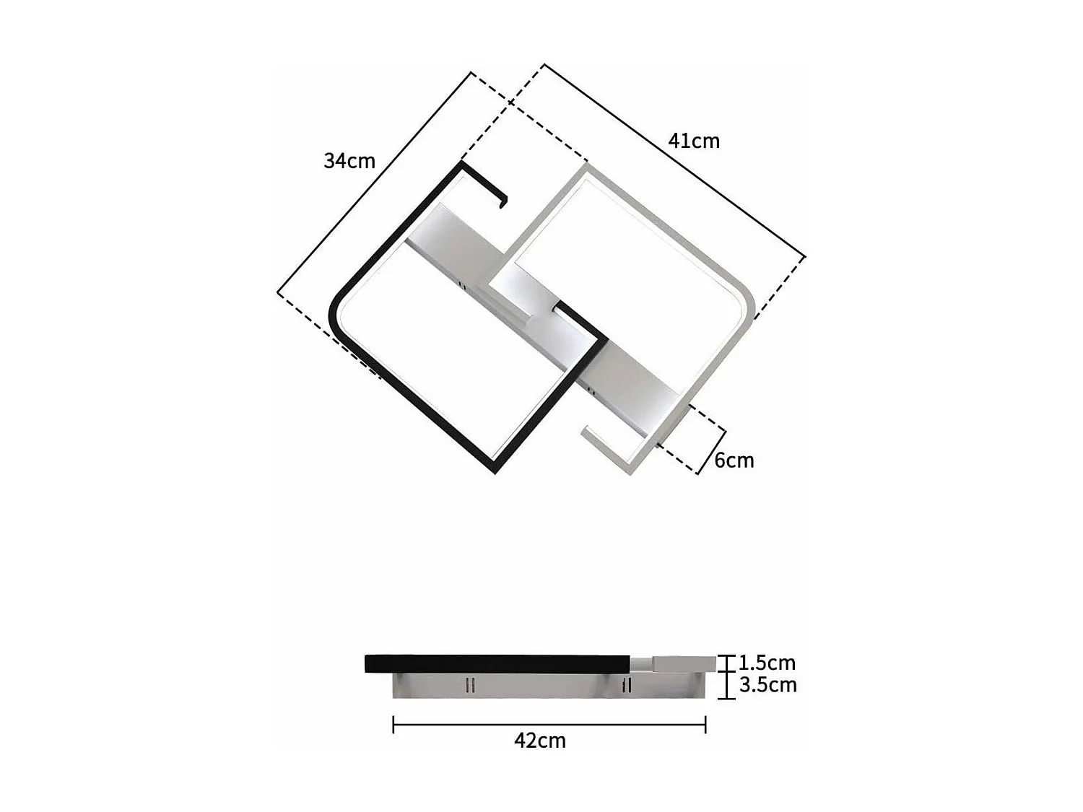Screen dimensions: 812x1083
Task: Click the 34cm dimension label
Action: click(349, 160)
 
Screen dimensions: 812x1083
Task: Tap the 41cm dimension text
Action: click(694, 141)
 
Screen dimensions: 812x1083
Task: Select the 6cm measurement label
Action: click(734, 460)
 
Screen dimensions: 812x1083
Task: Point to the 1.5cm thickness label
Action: click(767, 663)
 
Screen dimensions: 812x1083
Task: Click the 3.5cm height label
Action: click(767, 685)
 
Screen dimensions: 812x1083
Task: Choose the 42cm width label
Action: click(540, 741)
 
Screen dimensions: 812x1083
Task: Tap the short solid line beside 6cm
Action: click(711, 451)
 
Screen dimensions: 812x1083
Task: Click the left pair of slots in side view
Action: click(470, 684)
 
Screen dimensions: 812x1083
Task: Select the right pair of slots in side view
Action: click(627, 684)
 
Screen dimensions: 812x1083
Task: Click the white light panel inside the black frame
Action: click(448, 346)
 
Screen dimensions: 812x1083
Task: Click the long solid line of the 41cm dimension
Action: click(675, 160)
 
